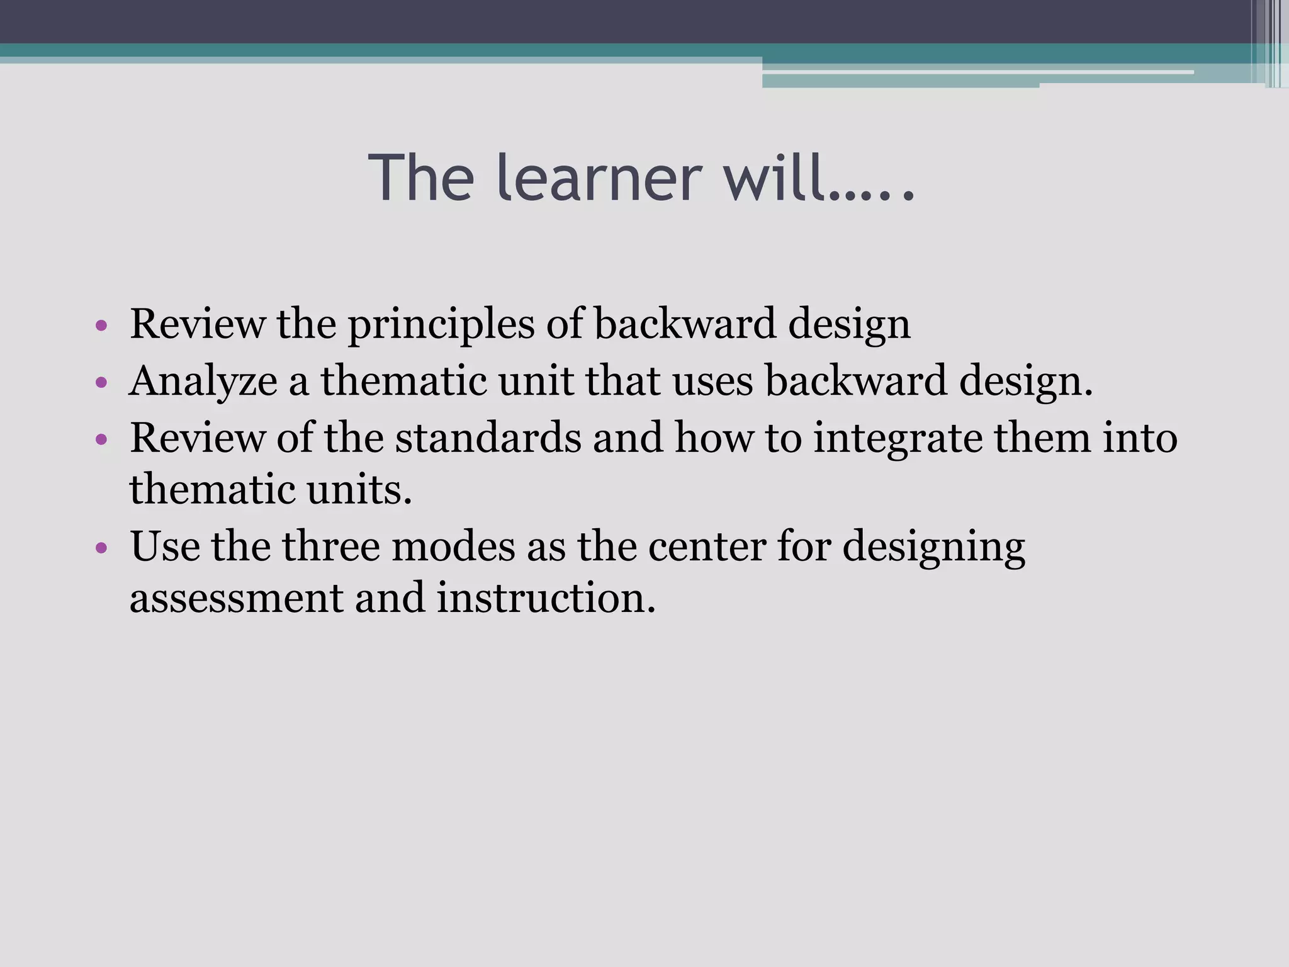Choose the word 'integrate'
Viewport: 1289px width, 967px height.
coord(898,439)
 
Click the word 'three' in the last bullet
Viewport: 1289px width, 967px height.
coord(330,546)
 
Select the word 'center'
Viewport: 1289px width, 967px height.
coord(706,546)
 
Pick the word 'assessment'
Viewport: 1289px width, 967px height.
coord(236,597)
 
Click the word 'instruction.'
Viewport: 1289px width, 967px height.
coord(546,597)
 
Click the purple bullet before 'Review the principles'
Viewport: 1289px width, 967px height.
coord(101,326)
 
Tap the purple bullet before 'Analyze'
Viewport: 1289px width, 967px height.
coord(101,383)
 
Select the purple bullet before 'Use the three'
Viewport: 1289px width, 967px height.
coord(101,548)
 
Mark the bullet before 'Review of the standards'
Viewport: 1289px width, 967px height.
coord(101,439)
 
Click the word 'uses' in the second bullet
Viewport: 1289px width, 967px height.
coord(712,382)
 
